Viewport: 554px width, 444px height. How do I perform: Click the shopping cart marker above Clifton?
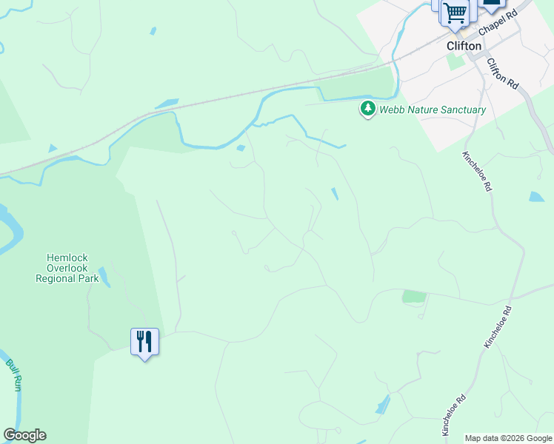click(455, 13)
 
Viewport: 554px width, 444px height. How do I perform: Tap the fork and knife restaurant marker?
click(144, 341)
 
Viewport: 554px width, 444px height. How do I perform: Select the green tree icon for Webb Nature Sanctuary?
click(367, 110)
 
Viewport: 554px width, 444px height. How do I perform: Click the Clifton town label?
click(464, 46)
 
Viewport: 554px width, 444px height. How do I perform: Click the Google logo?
click(24, 435)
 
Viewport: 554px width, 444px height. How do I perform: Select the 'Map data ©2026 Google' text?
click(507, 438)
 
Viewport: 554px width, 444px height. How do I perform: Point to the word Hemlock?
click(62, 258)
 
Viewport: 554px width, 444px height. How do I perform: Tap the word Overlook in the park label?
click(67, 268)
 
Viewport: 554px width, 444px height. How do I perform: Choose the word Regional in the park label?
click(56, 278)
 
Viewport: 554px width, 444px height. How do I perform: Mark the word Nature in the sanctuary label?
click(422, 110)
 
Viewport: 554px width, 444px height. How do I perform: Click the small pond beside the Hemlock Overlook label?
click(104, 277)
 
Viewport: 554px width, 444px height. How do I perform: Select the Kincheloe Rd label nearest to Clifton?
click(477, 172)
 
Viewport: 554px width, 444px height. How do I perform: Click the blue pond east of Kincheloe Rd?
click(536, 198)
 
